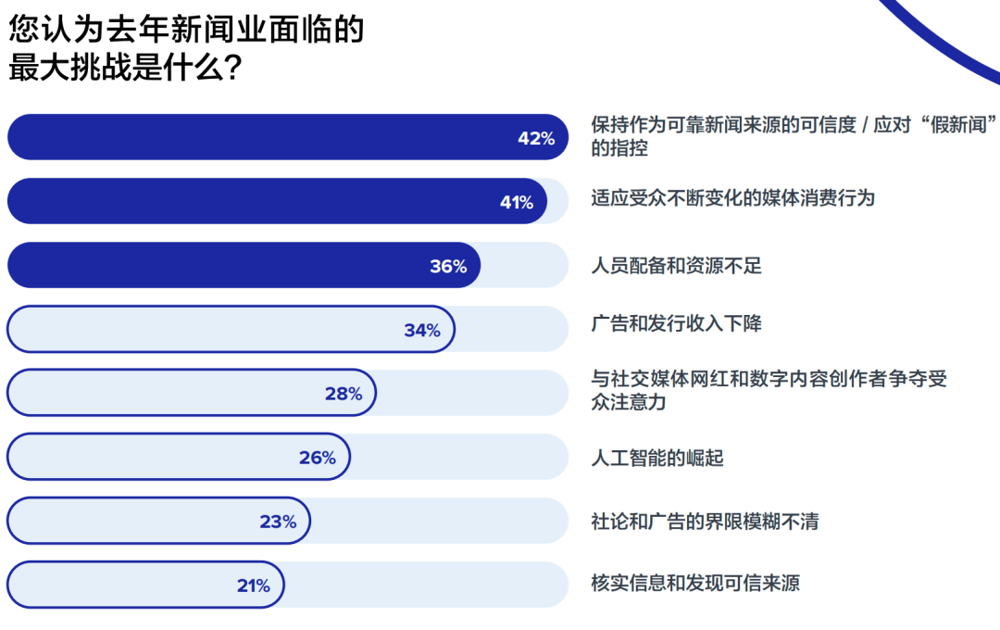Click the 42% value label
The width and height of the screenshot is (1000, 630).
[x=536, y=139]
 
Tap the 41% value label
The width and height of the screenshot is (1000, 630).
[x=517, y=203]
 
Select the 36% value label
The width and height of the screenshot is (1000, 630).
[x=448, y=267]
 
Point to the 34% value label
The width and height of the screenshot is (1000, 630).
[x=422, y=331]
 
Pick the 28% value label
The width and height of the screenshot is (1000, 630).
[x=344, y=394]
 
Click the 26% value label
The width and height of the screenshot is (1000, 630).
[x=318, y=458]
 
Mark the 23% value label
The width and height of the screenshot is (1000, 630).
[x=278, y=522]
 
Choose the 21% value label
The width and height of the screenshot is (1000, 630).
[x=253, y=586]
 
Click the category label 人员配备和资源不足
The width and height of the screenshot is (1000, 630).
[x=676, y=267]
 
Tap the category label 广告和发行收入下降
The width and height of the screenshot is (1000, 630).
[x=676, y=323]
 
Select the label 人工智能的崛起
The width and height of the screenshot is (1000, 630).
[x=657, y=458]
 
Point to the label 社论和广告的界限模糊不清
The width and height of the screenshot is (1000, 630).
[x=705, y=522]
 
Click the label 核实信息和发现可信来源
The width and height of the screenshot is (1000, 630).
[x=695, y=584]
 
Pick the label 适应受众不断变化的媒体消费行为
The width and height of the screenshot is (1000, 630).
[x=732, y=197]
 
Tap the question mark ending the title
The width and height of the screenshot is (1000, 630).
[x=233, y=69]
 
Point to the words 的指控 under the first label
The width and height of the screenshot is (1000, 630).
[x=619, y=148]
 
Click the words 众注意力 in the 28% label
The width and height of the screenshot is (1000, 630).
[x=629, y=403]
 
